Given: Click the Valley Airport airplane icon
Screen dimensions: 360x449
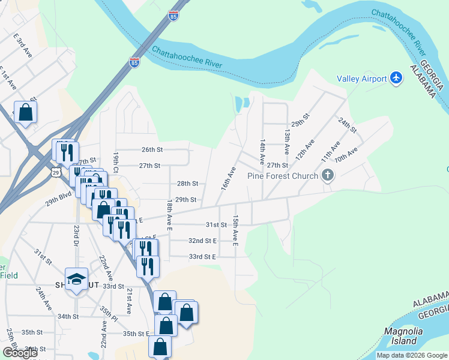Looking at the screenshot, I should tap(396, 78).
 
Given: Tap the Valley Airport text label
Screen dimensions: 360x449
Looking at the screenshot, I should tap(361, 79).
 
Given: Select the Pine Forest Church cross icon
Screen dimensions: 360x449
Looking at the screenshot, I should tap(327, 176).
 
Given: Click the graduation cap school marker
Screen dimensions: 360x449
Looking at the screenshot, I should tap(77, 278).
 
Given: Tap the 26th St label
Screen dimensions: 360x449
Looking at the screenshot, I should tap(152, 149).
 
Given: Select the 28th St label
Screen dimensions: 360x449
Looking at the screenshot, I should tap(187, 184).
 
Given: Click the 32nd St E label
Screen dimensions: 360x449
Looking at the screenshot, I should tap(202, 240).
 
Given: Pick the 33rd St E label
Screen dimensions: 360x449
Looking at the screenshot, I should tap(202, 256).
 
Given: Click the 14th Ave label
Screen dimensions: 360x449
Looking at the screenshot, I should tap(262, 152).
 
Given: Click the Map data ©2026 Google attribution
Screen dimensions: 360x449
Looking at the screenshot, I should tap(412, 355).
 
